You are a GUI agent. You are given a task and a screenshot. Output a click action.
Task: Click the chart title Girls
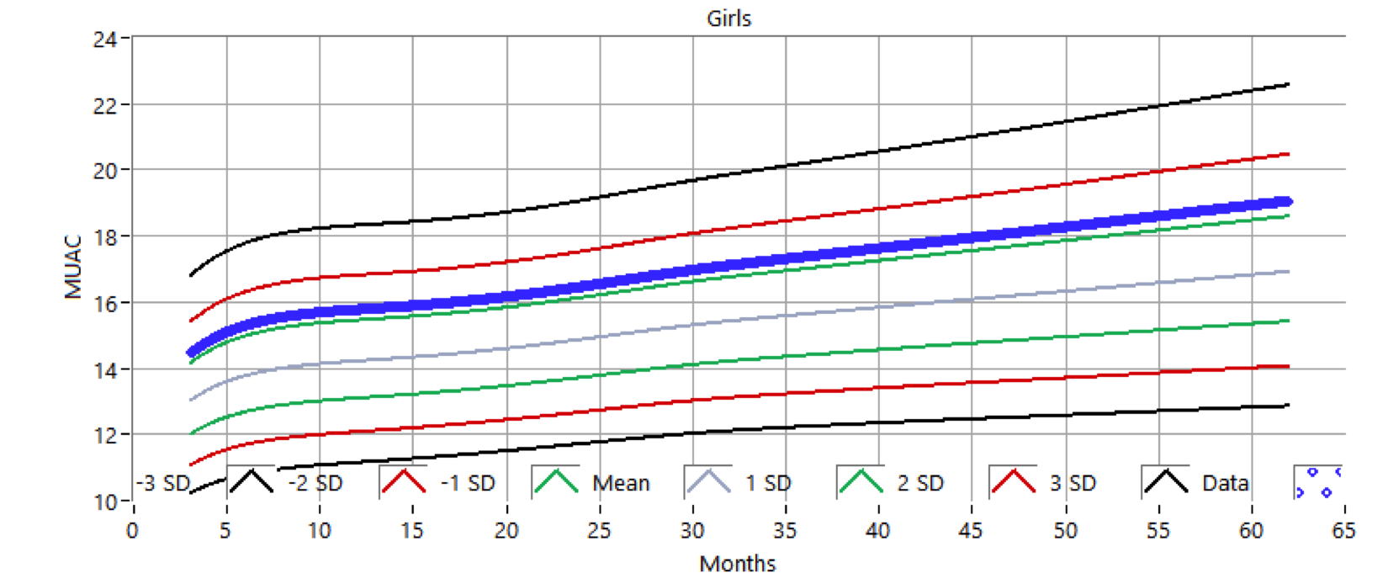click(728, 19)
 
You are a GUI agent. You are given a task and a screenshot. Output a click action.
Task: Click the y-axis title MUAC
click(74, 266)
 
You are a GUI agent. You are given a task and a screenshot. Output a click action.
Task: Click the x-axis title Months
click(737, 564)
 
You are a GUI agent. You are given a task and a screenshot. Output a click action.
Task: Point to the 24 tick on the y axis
click(105, 40)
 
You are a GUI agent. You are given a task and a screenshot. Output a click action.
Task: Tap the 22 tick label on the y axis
click(105, 106)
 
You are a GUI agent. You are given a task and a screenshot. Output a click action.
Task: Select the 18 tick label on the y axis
click(105, 237)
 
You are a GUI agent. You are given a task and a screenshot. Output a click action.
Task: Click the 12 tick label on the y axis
click(105, 437)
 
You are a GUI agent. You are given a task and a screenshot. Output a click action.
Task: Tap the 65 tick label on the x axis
click(1343, 531)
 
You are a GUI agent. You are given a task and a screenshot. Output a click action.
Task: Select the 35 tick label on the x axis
click(785, 531)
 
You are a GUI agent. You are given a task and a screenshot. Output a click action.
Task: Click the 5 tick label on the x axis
click(225, 531)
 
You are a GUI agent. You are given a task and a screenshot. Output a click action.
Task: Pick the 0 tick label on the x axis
click(132, 531)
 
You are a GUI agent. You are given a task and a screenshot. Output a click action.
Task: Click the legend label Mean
click(621, 484)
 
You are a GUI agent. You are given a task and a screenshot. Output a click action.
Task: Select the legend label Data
click(1225, 484)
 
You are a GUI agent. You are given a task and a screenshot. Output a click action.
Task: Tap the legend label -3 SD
click(163, 484)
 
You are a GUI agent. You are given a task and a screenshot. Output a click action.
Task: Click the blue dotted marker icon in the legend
click(1317, 482)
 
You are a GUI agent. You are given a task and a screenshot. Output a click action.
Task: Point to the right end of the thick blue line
click(1288, 202)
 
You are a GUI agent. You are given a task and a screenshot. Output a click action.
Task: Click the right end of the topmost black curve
click(1288, 84)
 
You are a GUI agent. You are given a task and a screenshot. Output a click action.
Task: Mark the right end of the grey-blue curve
click(1288, 271)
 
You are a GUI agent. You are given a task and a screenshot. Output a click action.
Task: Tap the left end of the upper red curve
click(191, 321)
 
